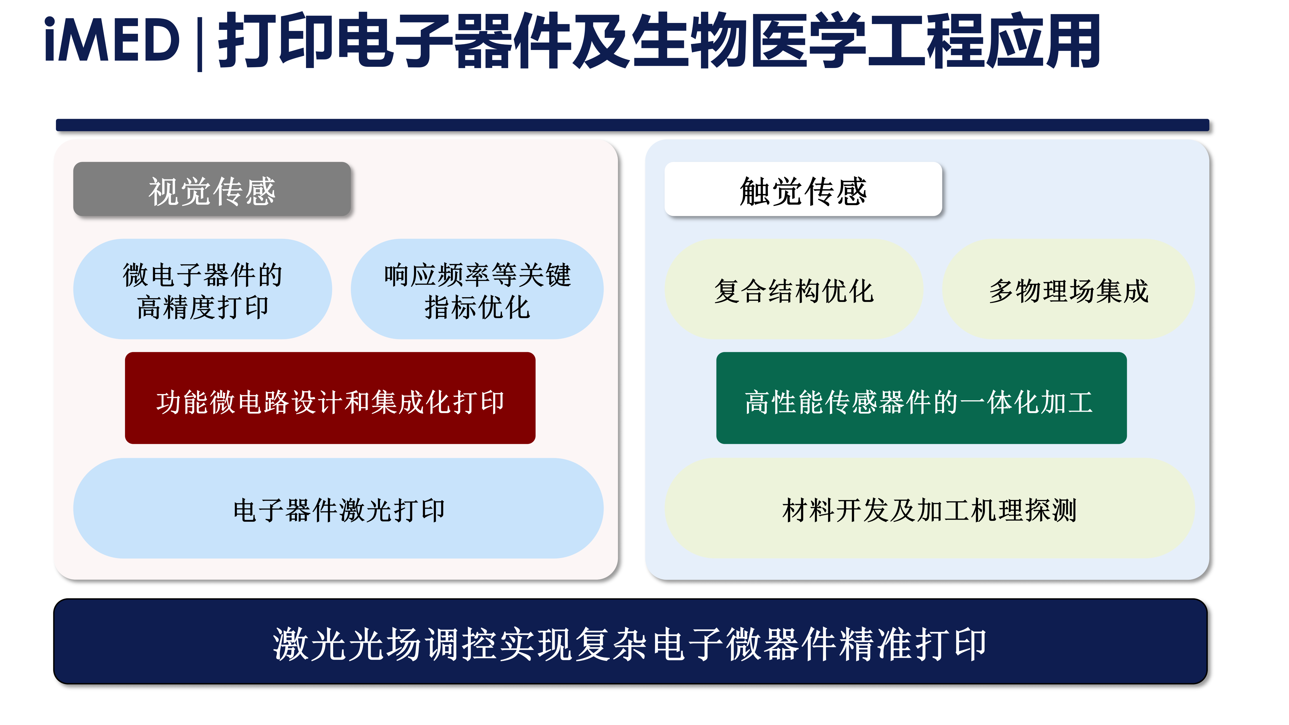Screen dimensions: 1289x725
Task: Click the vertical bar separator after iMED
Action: coord(200,44)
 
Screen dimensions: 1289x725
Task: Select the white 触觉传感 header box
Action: coord(803,189)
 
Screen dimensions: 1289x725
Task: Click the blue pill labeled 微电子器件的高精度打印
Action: coord(203,289)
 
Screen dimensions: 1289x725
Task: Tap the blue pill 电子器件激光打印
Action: coord(338,508)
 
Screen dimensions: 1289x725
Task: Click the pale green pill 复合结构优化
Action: coord(794,289)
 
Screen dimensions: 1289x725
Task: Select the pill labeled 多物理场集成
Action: coord(1069,289)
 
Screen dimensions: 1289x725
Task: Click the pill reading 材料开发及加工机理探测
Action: coord(930,508)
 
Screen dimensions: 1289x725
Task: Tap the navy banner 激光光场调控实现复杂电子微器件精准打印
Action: coord(631,641)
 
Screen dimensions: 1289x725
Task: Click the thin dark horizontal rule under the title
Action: coord(632,125)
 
